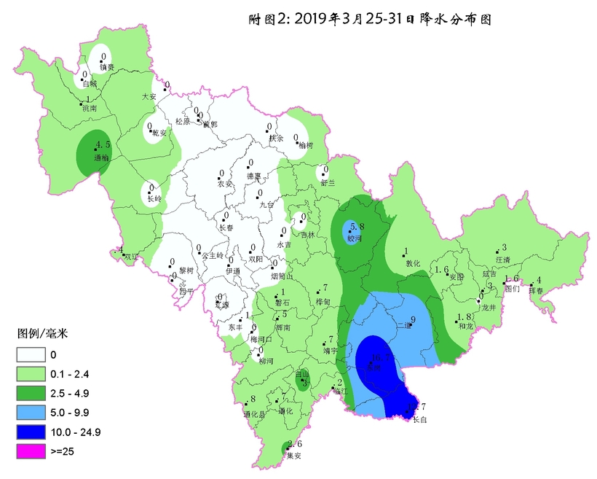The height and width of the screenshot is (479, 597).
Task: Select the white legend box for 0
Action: (x=31, y=355)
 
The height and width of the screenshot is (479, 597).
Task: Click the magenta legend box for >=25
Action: (x=31, y=451)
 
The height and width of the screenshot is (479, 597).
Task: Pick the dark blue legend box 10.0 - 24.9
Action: (x=31, y=432)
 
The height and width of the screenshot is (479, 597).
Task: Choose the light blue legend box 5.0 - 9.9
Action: (x=31, y=413)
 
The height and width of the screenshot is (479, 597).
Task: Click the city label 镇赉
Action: (x=107, y=67)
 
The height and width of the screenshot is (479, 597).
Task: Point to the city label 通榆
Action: (x=102, y=157)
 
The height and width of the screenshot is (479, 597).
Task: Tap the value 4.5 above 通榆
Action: (x=103, y=144)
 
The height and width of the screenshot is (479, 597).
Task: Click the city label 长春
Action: (x=227, y=227)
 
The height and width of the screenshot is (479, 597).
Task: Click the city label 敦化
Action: (x=414, y=263)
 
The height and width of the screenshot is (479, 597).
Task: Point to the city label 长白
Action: (x=419, y=419)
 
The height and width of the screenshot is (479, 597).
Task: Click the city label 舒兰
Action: (x=329, y=182)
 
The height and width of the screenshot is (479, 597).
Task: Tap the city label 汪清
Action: (x=502, y=259)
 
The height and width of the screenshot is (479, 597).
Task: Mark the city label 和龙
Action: (x=467, y=327)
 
